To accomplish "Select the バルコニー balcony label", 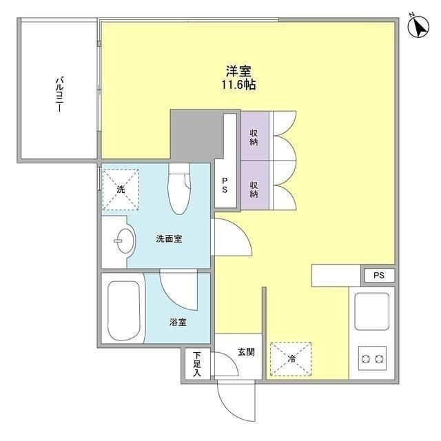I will [60, 96].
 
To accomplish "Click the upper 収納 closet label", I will [254, 136].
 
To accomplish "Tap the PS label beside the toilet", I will [225, 185].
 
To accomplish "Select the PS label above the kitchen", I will [379, 276].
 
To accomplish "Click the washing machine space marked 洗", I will [121, 189].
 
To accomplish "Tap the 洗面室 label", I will [168, 239].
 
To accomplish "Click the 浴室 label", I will [178, 322].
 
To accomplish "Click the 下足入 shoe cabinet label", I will [196, 363].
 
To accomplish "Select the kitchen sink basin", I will [373, 309].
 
